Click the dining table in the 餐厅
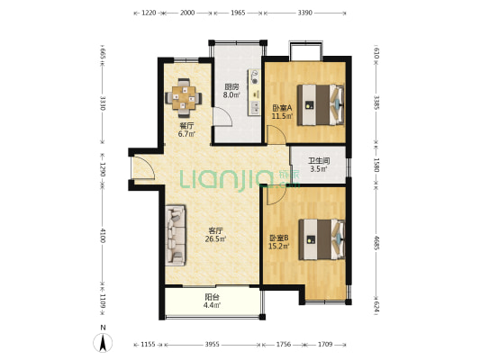tap(184, 98)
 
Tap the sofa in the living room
tap(176, 235)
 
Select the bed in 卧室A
tap(321, 104)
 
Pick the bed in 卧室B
tap(322, 238)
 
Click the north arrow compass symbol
tap(103, 343)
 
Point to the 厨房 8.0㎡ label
tap(231, 91)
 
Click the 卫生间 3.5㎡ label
tap(319, 165)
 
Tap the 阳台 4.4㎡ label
tap(213, 301)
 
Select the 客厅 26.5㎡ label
tap(215, 235)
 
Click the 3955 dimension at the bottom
tap(212, 345)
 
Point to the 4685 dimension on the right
tap(376, 242)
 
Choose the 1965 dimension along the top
tap(238, 13)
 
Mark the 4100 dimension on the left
tap(103, 235)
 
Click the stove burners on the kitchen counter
tap(254, 76)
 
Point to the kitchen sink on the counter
tap(255, 107)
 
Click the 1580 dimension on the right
tap(376, 165)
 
